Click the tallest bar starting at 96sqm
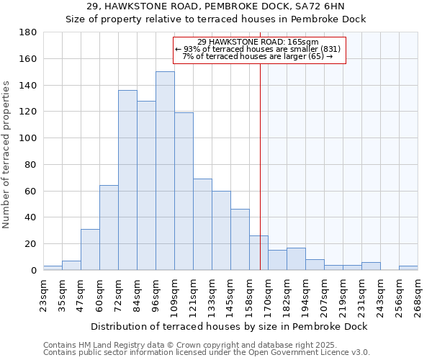point(165,171)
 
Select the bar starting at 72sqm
point(127,180)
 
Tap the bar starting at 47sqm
point(90,249)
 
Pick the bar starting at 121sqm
point(202,224)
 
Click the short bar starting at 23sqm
point(53,268)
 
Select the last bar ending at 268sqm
point(408,268)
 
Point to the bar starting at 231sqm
point(371,266)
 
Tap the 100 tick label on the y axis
point(29,138)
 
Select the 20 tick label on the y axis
point(31,244)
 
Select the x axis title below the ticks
point(229,326)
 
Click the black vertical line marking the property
point(260,180)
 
